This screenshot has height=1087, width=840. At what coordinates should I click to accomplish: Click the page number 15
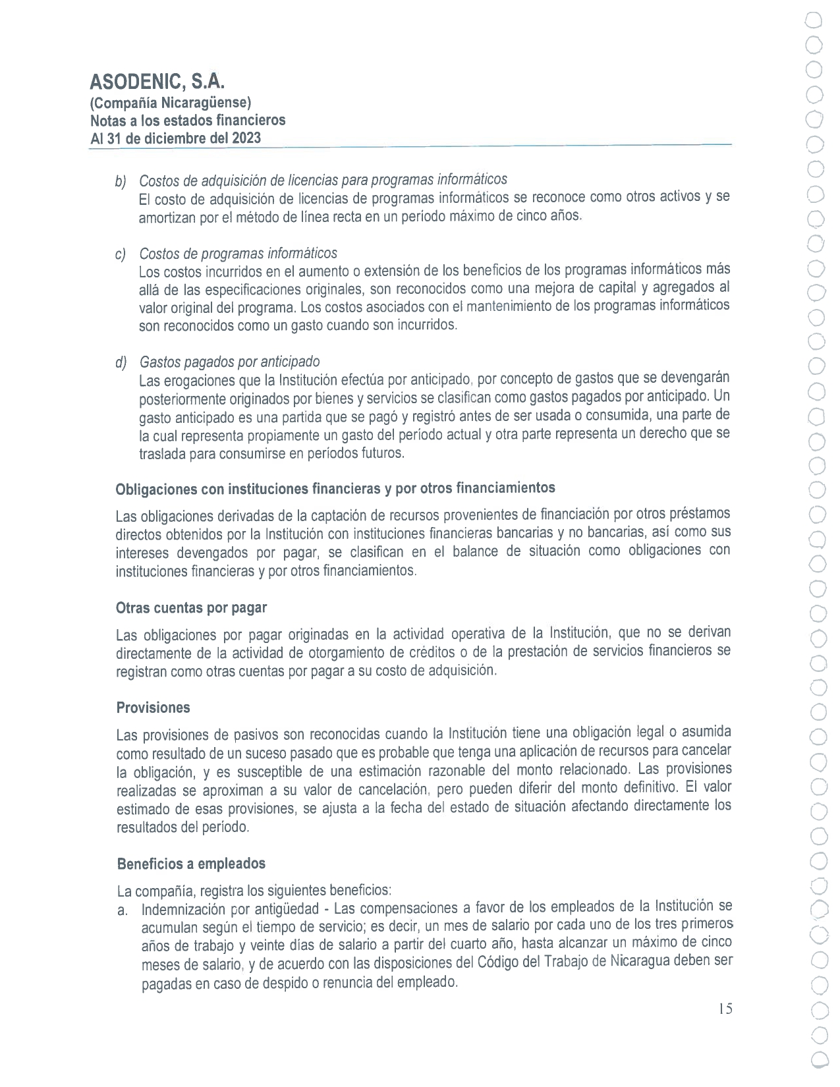(x=725, y=1009)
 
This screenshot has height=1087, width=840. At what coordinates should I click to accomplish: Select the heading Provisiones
(x=153, y=708)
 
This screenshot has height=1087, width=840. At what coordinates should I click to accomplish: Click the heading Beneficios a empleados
(x=191, y=863)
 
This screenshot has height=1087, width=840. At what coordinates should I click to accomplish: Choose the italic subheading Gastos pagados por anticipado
(x=229, y=362)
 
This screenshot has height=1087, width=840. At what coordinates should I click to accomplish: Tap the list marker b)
(x=121, y=181)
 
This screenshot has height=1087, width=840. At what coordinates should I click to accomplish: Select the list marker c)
(x=121, y=254)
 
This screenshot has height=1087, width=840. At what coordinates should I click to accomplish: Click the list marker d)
(x=121, y=362)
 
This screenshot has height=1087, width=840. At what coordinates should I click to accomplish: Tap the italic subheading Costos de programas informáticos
(x=238, y=253)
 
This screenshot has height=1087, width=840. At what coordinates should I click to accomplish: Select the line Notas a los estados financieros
(x=188, y=121)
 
